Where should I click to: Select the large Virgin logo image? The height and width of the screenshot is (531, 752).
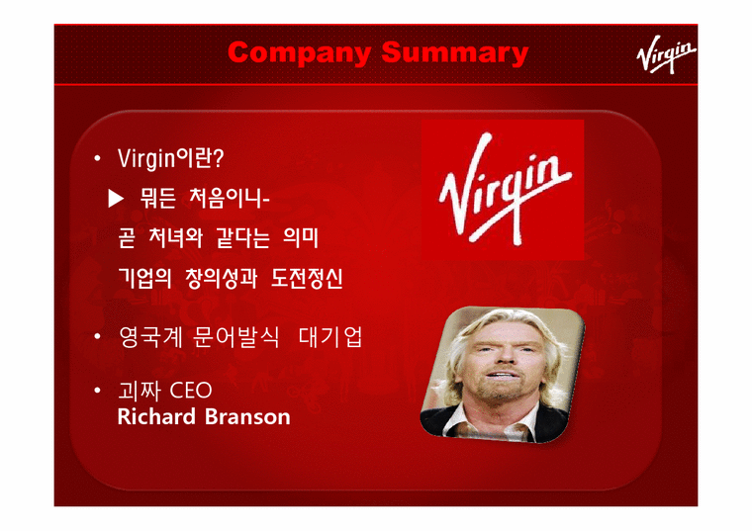pos(503,189)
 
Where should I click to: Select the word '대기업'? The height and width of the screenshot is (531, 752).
pos(330,338)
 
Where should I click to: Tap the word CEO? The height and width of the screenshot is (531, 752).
pos(191,392)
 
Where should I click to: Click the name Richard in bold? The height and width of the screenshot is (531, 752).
pos(155,416)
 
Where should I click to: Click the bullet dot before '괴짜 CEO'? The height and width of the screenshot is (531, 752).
pos(98,392)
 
